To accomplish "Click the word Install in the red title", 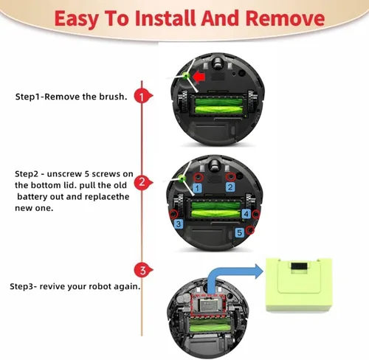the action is click(x=165, y=18).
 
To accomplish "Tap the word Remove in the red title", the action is click(x=285, y=18).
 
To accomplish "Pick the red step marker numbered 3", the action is click(x=143, y=270).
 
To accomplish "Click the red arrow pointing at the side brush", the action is click(x=199, y=77).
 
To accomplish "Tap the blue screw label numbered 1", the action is click(x=197, y=188).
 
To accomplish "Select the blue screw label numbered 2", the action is click(x=230, y=187).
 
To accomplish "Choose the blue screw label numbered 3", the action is click(x=179, y=224).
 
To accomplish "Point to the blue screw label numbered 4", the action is click(x=246, y=214).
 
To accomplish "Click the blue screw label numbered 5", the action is click(x=240, y=232).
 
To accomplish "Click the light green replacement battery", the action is click(x=299, y=285).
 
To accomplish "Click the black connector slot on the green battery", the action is click(x=299, y=266).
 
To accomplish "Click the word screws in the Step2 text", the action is click(x=106, y=174).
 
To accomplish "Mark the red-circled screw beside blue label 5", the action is click(x=250, y=230).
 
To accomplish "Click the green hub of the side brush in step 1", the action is click(x=185, y=75).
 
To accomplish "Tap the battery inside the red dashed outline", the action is click(x=208, y=305).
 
